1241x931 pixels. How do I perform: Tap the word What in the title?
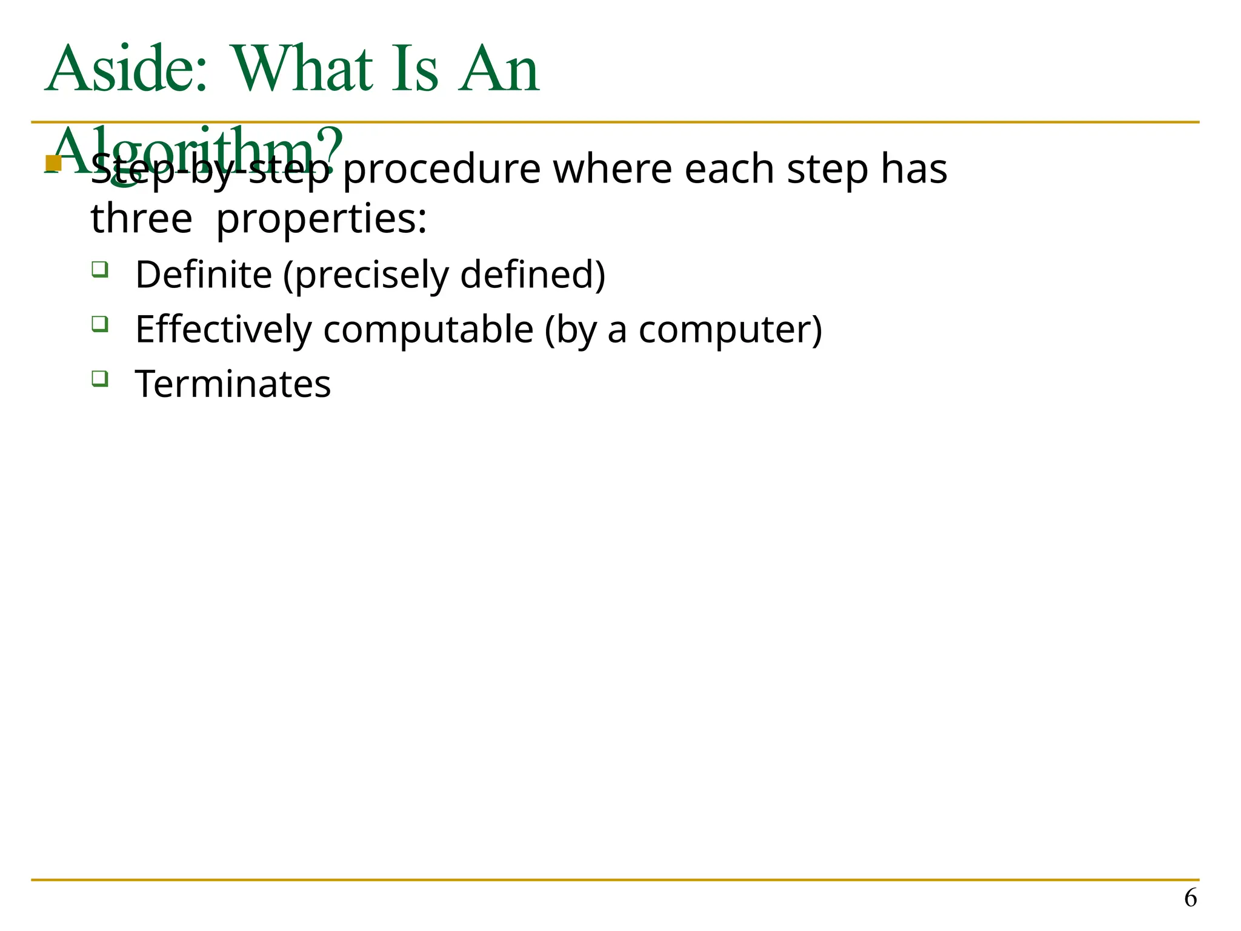[302, 69]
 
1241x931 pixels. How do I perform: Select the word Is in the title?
[414, 69]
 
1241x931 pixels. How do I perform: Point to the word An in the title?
[498, 69]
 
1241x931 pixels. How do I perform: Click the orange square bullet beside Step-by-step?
[53, 164]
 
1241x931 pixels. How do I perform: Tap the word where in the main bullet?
[612, 169]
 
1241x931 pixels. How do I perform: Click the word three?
[141, 219]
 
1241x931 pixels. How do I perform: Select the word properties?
[321, 219]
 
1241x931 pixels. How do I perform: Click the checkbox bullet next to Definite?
[100, 269]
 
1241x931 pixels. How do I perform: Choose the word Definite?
[204, 275]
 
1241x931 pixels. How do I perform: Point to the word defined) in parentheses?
[533, 275]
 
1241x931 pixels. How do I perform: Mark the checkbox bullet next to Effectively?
[100, 324]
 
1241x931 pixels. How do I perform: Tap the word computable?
[428, 330]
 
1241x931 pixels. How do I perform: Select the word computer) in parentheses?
[730, 330]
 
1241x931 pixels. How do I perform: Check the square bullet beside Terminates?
[100, 379]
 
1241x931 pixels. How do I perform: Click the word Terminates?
[233, 384]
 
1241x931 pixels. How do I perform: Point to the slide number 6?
[1190, 898]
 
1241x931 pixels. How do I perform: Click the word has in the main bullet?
[914, 169]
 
